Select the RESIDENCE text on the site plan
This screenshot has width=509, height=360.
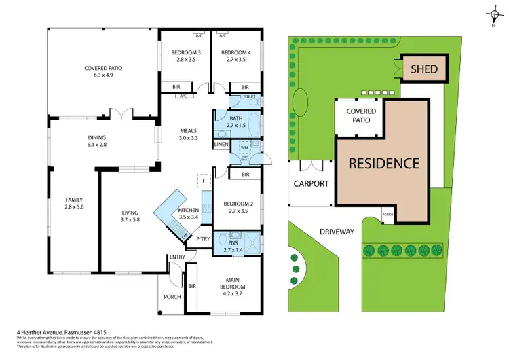pos(384,163)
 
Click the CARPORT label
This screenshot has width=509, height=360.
pos(311,184)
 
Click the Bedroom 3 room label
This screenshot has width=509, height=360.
pos(185,56)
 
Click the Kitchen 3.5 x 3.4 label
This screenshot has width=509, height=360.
pos(188,214)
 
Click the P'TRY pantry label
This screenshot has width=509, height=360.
pos(202,239)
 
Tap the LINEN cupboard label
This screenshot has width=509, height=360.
pos(221,144)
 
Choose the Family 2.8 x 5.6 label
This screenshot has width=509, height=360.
pos(74,203)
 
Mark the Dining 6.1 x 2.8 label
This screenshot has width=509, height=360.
pos(96,141)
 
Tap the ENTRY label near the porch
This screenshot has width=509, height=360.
pos(176,257)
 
